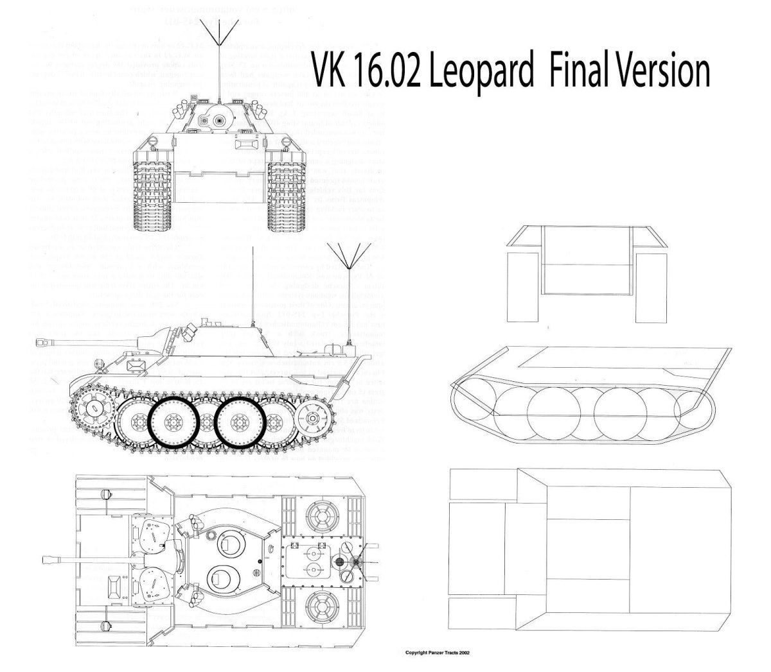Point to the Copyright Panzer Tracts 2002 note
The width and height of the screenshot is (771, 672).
pyautogui.click(x=437, y=653)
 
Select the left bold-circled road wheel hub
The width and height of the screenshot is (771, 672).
pyautogui.click(x=172, y=422)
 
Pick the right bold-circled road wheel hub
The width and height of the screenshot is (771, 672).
pyautogui.click(x=238, y=422)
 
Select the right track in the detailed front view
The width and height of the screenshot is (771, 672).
pyautogui.click(x=285, y=193)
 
